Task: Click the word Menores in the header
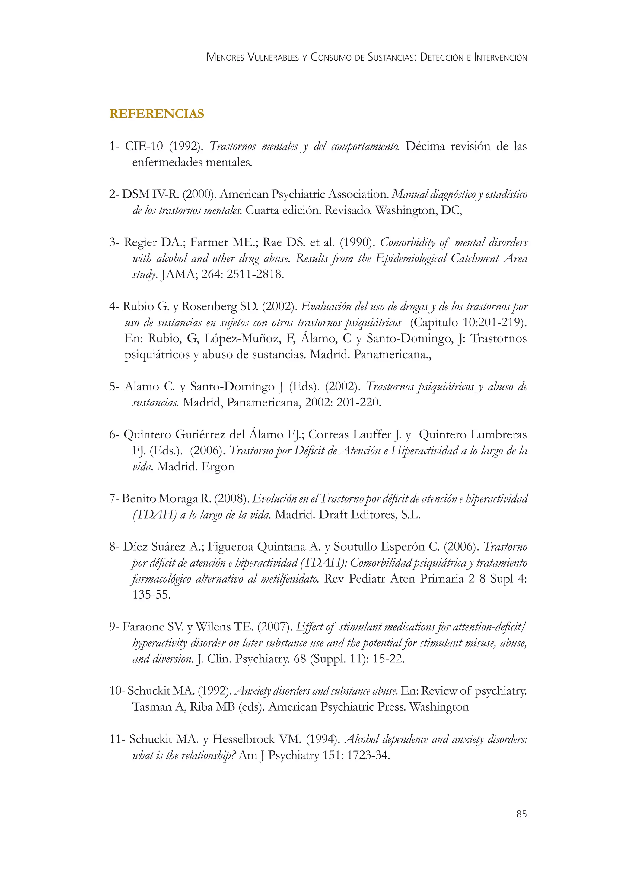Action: coord(225,57)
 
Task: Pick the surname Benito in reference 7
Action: coord(139,498)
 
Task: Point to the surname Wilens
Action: coord(212,627)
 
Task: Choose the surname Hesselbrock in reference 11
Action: coord(244,739)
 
